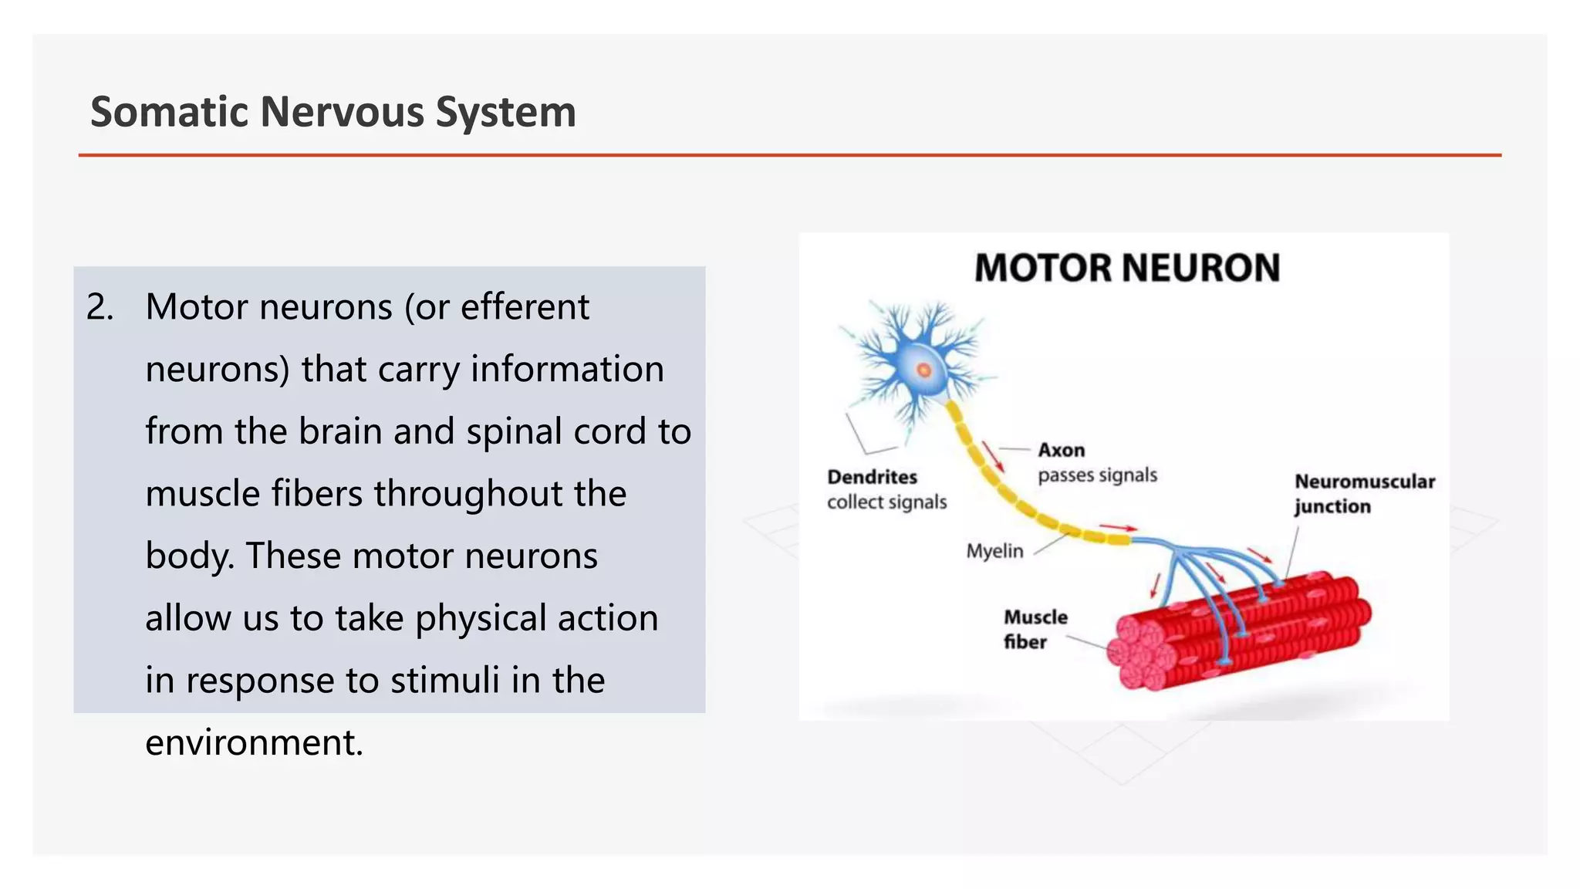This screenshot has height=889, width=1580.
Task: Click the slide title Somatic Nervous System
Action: click(333, 112)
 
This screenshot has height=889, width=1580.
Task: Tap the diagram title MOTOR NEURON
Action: click(1126, 269)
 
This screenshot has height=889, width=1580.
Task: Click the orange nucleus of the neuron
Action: click(923, 370)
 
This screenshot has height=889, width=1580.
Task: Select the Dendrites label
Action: click(872, 477)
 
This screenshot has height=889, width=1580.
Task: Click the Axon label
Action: click(1061, 450)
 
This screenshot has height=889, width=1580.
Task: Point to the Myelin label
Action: click(994, 551)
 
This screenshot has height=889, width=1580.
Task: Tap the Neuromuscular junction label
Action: click(1363, 494)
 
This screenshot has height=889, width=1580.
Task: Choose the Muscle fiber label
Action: click(1035, 629)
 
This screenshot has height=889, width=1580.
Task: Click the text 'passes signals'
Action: click(1097, 475)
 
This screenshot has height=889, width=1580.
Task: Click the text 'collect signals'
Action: click(886, 502)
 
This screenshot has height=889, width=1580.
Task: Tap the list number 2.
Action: click(100, 307)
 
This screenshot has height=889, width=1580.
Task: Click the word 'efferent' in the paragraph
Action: click(525, 307)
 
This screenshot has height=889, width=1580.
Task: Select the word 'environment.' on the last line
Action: click(254, 742)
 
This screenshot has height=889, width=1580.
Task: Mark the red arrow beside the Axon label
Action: click(994, 458)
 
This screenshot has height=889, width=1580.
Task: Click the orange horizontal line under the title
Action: click(789, 155)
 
